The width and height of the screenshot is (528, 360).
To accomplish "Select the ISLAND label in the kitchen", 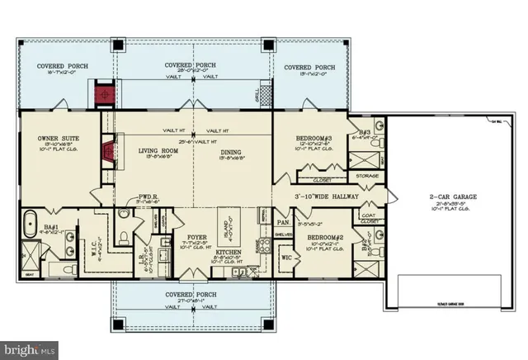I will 226,224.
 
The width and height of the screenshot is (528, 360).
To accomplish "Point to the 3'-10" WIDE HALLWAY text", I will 332,197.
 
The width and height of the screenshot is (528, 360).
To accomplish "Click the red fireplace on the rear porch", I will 105,94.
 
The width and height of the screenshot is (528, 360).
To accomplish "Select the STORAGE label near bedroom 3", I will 368,175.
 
